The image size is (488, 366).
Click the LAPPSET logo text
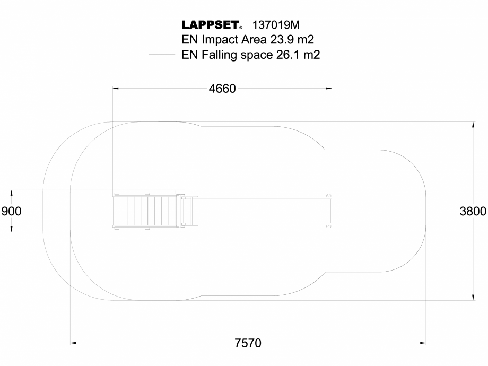pyautogui.click(x=211, y=25)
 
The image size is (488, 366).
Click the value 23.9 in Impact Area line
pyautogui.click(x=283, y=39)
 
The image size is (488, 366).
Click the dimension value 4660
pyautogui.click(x=222, y=89)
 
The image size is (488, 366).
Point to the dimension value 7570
pyautogui.click(x=248, y=343)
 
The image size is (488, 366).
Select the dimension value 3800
pyautogui.click(x=473, y=211)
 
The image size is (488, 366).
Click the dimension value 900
pyautogui.click(x=12, y=211)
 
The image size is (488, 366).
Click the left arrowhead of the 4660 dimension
pyautogui.click(x=116, y=89)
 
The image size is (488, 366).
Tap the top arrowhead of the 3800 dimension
pyautogui.click(x=473, y=125)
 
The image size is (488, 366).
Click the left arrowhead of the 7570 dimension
pyautogui.click(x=74, y=343)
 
